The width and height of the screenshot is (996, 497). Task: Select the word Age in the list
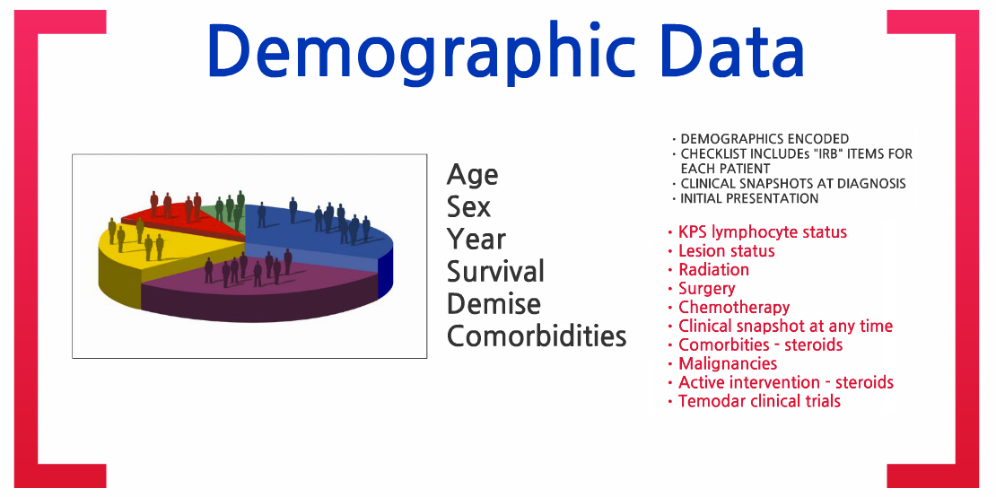click(x=472, y=175)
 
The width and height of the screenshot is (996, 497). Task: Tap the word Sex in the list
click(x=468, y=206)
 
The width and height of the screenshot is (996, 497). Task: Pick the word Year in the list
click(x=476, y=239)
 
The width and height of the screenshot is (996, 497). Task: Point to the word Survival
click(x=495, y=271)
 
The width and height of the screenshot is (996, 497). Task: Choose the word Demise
click(x=494, y=303)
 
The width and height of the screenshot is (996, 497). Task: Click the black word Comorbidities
click(x=537, y=336)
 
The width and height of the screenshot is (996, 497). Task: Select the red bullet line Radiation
click(x=713, y=270)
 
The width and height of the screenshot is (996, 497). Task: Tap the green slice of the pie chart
click(x=227, y=214)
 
